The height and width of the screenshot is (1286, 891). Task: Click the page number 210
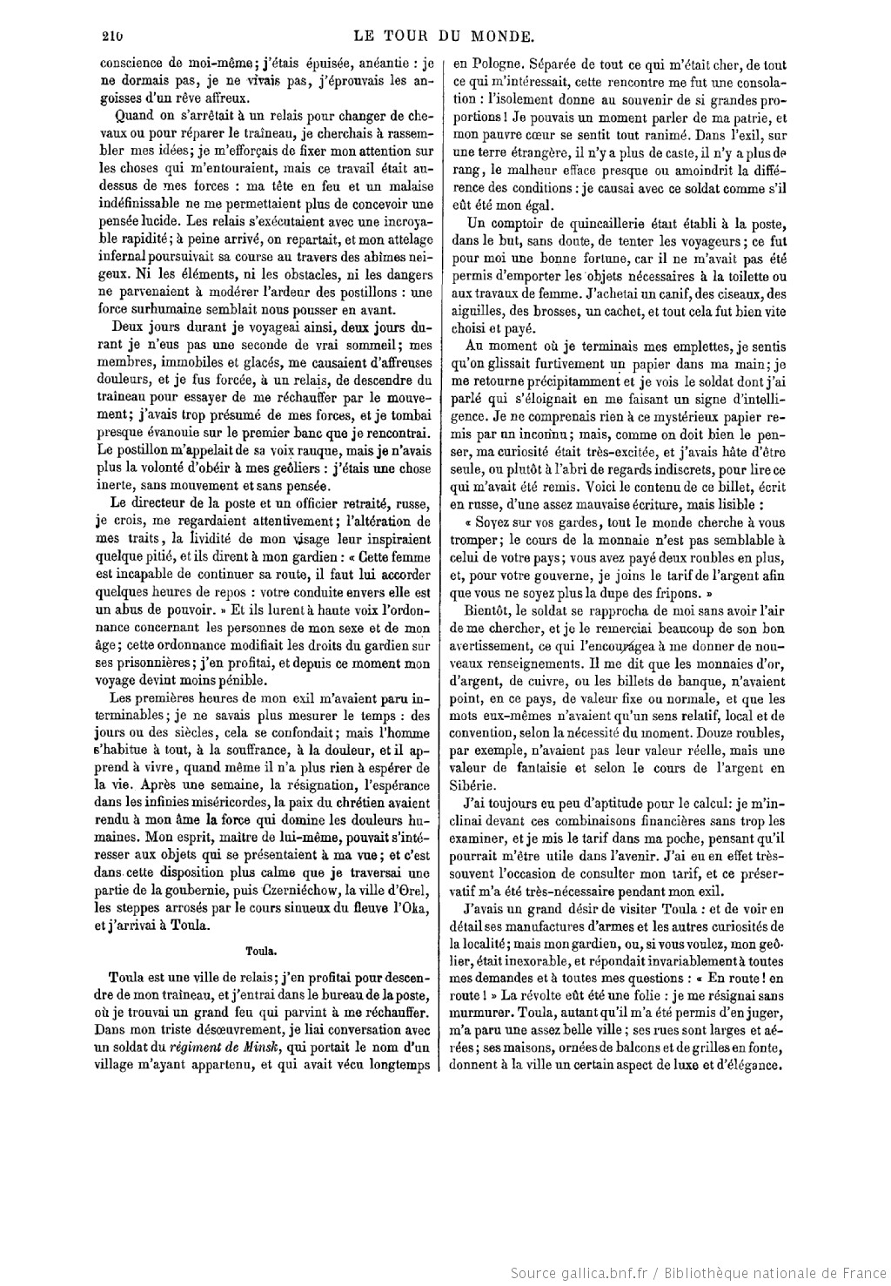coord(111,37)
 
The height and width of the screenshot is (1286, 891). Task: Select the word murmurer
coord(480,1015)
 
